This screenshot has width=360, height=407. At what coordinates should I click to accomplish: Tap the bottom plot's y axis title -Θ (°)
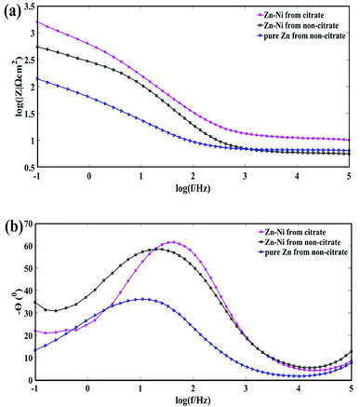click(9, 303)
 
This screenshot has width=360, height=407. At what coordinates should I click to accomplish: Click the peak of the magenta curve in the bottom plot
click(172, 242)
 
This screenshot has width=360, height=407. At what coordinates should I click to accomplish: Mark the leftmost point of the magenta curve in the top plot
click(36, 21)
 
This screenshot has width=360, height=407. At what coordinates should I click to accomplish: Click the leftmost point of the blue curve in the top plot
click(36, 79)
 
